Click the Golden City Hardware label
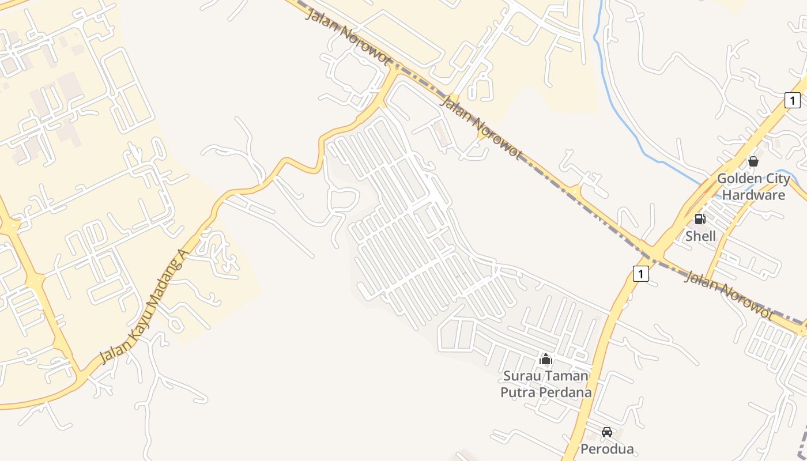(x=753, y=187)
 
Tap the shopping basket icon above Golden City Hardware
(x=753, y=161)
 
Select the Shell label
(x=700, y=236)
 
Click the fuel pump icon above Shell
(x=700, y=219)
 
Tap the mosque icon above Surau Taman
(x=546, y=360)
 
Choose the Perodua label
(x=607, y=449)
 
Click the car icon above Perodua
(x=607, y=432)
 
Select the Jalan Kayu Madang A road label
(x=145, y=307)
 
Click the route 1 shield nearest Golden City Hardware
(x=793, y=100)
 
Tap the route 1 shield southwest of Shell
(x=640, y=273)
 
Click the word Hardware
(x=753, y=195)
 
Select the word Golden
(x=736, y=179)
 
